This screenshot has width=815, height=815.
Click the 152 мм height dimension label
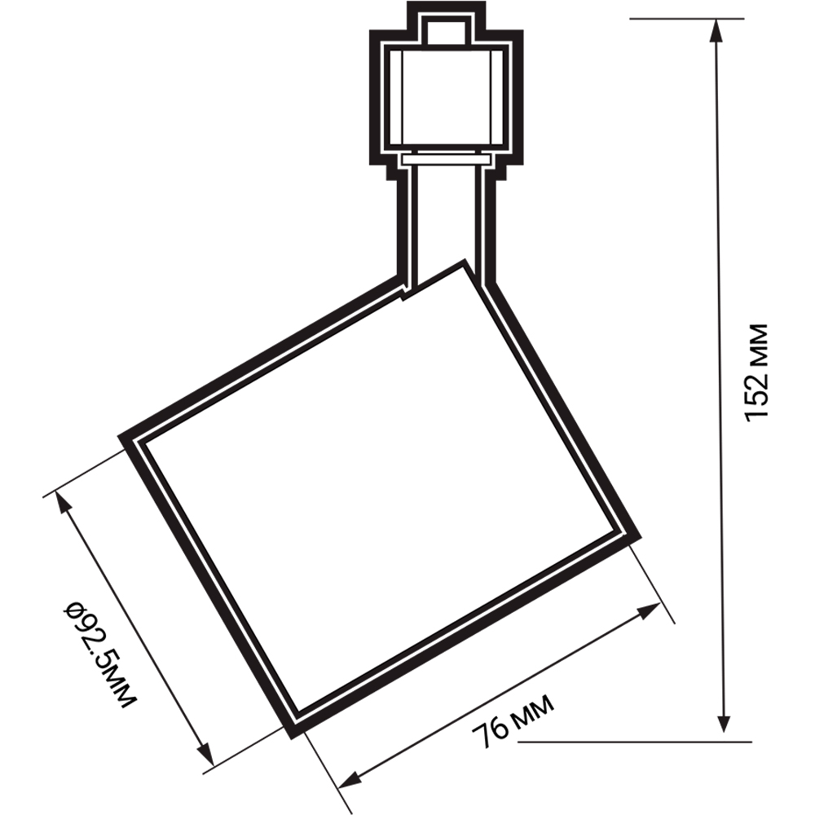756,372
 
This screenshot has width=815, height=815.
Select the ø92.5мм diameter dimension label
99,655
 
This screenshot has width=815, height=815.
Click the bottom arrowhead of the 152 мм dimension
723,720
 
